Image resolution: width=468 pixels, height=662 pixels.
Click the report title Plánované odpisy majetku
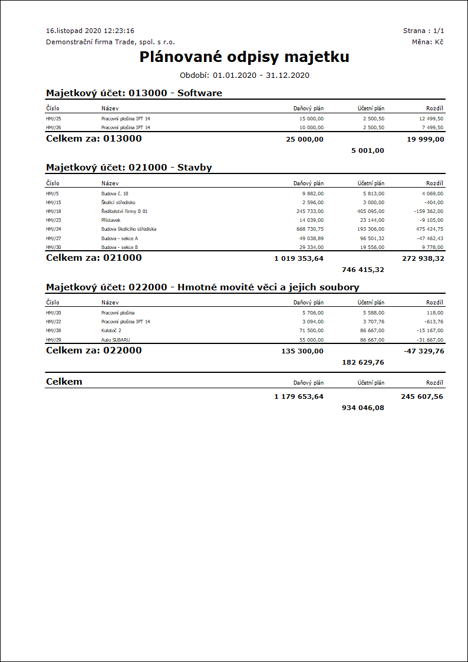[244, 57]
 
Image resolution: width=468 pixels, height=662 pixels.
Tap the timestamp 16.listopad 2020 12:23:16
[90, 31]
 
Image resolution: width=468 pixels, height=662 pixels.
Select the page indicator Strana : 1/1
[423, 31]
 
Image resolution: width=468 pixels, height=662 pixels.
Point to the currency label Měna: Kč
[428, 42]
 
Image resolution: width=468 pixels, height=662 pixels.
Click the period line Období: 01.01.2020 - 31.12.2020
[244, 75]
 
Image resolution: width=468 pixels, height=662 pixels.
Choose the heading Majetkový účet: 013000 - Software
[134, 93]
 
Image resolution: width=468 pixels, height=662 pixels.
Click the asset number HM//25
[54, 119]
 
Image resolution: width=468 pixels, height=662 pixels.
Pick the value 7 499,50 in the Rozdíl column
[431, 127]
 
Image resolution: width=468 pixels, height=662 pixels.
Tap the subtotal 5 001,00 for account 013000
[367, 150]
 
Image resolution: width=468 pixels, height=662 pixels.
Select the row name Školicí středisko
[118, 202]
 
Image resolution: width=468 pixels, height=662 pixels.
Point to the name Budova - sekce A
[120, 238]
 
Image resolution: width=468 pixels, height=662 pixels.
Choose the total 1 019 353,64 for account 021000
[298, 258]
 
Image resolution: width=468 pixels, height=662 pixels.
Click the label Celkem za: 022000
[94, 350]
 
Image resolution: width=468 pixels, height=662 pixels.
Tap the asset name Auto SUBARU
[116, 340]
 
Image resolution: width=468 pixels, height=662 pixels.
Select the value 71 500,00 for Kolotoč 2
[310, 331]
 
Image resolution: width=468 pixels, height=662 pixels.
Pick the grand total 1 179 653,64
[298, 396]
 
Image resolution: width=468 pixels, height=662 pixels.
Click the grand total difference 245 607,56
[422, 396]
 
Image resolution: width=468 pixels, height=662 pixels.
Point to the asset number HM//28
[54, 331]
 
